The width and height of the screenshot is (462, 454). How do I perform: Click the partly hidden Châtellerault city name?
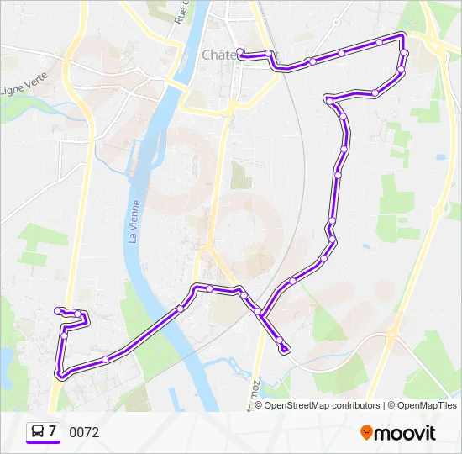point(220,55)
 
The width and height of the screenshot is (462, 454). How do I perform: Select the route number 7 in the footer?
point(52,431)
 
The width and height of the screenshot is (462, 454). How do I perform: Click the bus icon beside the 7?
point(38,432)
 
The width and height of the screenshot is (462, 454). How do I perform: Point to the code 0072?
point(84,432)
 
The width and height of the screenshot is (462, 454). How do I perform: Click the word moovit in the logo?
point(405,433)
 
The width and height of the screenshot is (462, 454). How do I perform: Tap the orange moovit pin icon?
point(366,432)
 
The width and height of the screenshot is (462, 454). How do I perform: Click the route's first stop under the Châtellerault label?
point(241,52)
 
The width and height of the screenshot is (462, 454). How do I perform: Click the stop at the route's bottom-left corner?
point(59,372)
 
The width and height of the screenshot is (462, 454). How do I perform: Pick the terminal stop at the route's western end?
point(58,311)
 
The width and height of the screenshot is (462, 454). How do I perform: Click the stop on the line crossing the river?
point(181,309)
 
